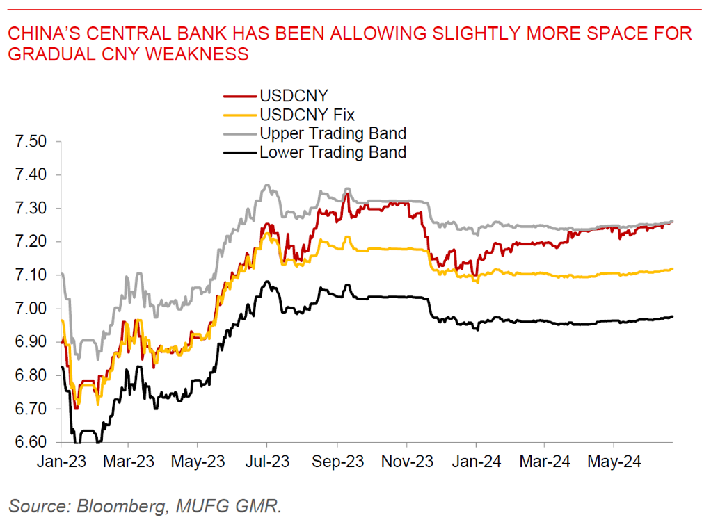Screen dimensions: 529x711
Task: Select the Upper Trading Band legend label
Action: coord(333,133)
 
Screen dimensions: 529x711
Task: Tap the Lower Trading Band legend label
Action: coord(333,152)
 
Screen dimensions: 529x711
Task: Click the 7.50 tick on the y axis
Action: coord(31,142)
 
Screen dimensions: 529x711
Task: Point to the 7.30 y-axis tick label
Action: coord(31,209)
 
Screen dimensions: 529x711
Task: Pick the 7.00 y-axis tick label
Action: coord(31,309)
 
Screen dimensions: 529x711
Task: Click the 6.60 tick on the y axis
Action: coord(31,442)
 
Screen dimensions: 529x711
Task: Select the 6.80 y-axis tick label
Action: coord(31,375)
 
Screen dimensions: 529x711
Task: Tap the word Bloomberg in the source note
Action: coord(119,506)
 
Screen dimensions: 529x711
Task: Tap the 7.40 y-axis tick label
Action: coord(31,175)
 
